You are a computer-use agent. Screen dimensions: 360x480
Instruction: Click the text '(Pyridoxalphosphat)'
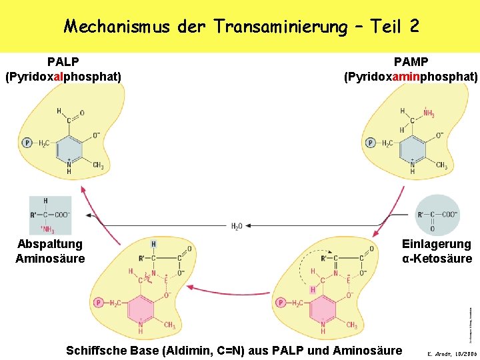tap(63, 77)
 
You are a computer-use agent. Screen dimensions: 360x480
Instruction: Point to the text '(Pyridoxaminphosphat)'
tap(411, 77)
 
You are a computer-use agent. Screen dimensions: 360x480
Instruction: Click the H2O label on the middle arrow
tap(237, 227)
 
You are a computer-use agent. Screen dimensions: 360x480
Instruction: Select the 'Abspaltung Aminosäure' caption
tap(50, 251)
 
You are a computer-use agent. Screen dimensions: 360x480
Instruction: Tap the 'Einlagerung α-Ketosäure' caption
tap(437, 251)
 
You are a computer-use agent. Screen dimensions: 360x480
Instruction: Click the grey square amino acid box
tap(50, 215)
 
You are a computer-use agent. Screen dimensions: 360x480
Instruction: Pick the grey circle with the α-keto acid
tap(437, 215)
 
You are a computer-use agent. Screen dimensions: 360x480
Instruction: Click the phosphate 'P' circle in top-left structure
tap(27, 143)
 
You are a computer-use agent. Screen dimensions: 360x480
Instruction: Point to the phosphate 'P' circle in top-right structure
tap(370, 143)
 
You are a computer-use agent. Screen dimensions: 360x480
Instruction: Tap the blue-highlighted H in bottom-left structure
tap(154, 245)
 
